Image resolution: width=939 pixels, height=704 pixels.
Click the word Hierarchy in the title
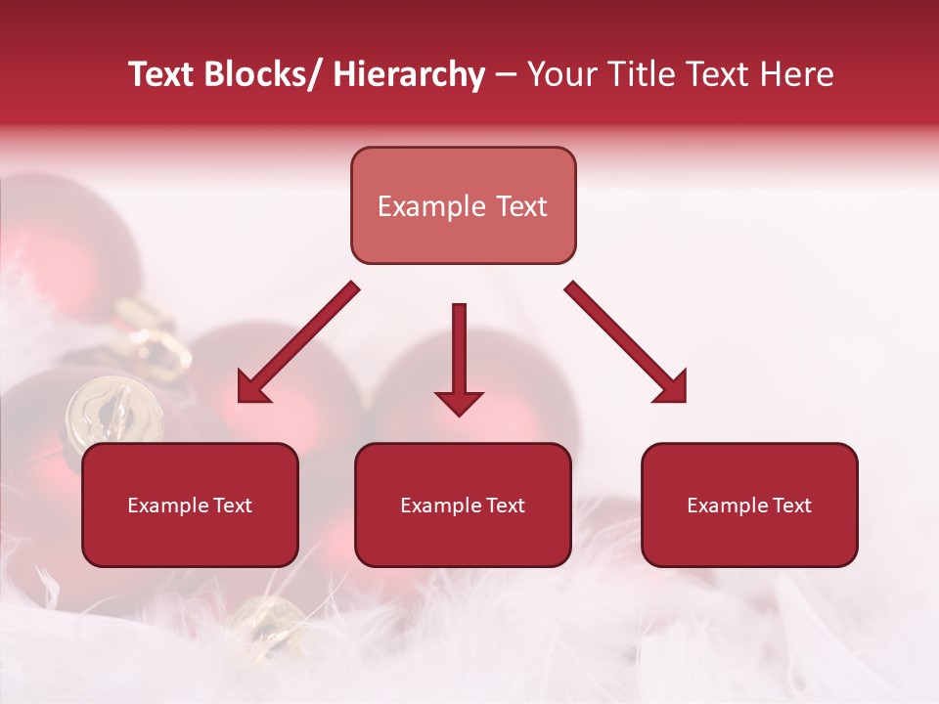tap(409, 74)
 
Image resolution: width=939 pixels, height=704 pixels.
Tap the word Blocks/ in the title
tap(264, 74)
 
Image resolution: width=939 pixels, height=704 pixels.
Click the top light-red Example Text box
tap(463, 205)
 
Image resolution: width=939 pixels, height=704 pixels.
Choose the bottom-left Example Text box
tap(190, 505)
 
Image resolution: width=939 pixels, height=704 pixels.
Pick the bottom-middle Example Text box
tap(463, 505)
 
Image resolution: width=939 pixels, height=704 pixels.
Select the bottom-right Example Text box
tap(749, 505)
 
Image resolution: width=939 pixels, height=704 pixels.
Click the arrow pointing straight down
tap(459, 352)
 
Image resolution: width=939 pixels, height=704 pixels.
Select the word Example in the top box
tap(431, 206)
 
